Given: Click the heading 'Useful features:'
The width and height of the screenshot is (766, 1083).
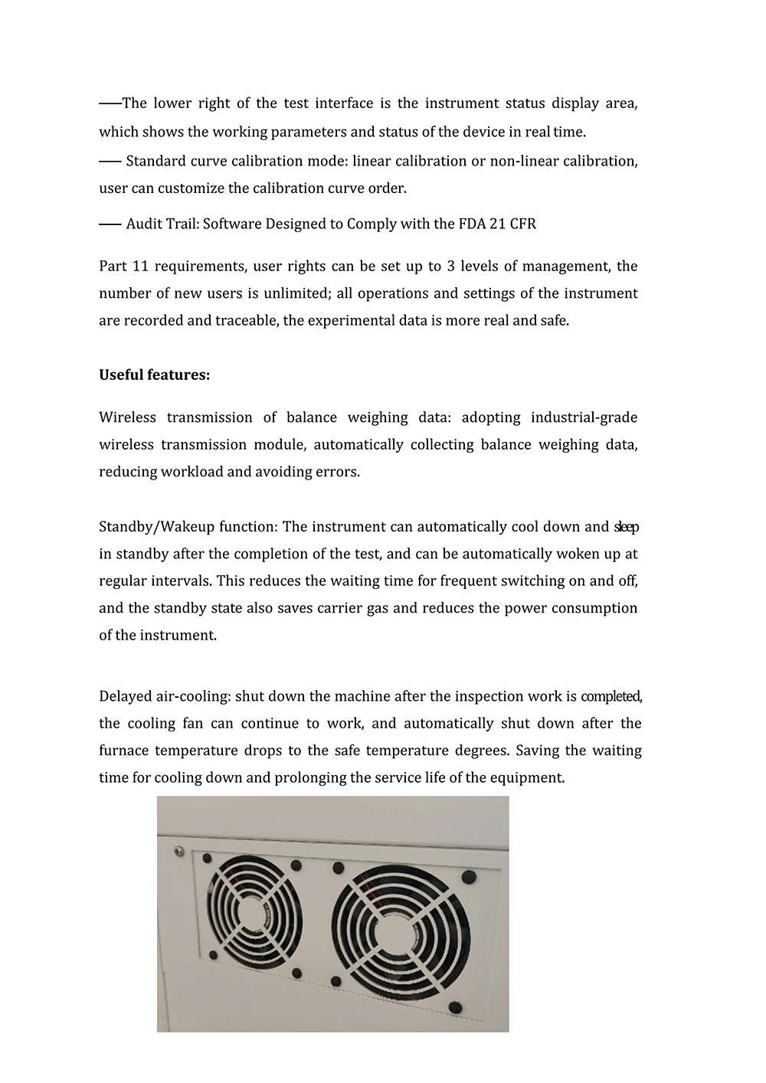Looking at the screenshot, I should tap(154, 375).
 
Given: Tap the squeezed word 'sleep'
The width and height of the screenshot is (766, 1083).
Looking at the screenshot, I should tap(627, 527).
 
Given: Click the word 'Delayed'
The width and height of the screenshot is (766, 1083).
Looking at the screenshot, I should tap(125, 697).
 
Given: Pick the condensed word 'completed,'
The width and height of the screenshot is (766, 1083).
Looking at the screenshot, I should tap(611, 697).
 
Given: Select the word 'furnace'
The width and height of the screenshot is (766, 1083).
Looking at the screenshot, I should tap(123, 751).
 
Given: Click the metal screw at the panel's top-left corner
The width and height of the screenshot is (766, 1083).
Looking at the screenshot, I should tap(178, 849).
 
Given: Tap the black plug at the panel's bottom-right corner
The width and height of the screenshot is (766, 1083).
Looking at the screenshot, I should tap(455, 1006).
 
